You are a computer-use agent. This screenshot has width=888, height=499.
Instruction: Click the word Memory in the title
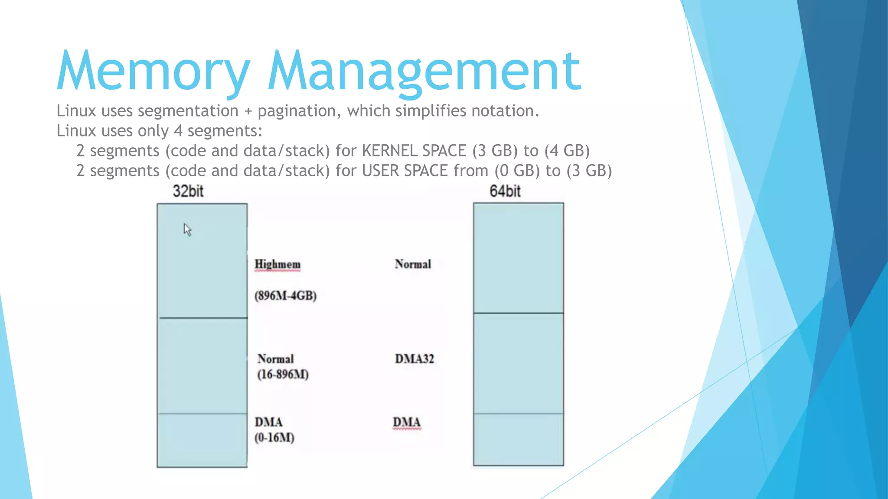[153, 71]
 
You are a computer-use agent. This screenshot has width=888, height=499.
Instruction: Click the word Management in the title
[424, 71]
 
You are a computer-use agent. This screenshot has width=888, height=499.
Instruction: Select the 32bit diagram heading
[188, 191]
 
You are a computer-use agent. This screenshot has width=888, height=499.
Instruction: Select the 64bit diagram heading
[505, 191]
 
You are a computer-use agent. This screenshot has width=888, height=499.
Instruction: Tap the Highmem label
[277, 264]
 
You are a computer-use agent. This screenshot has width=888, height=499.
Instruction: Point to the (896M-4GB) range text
[285, 296]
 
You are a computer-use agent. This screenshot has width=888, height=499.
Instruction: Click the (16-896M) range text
[283, 374]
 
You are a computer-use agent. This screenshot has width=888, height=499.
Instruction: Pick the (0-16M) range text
[274, 437]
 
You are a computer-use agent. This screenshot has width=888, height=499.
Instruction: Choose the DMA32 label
[414, 359]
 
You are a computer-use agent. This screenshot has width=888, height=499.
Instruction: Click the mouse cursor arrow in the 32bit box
[187, 229]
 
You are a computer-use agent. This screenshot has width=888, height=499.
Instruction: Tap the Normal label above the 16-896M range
[275, 359]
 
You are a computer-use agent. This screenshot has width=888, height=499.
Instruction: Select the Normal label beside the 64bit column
[413, 264]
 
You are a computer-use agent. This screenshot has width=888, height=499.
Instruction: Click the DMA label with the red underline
[407, 422]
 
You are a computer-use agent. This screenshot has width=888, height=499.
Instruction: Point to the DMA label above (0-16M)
[268, 422]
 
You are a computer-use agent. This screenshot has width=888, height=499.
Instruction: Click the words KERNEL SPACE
[414, 151]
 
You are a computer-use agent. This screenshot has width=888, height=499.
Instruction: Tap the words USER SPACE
[405, 171]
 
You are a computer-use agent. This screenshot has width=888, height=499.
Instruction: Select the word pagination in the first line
[297, 111]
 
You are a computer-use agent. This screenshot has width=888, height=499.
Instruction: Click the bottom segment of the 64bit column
[519, 439]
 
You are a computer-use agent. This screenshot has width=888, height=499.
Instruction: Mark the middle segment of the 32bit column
[202, 366]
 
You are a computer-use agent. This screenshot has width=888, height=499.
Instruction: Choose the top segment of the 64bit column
[519, 258]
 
